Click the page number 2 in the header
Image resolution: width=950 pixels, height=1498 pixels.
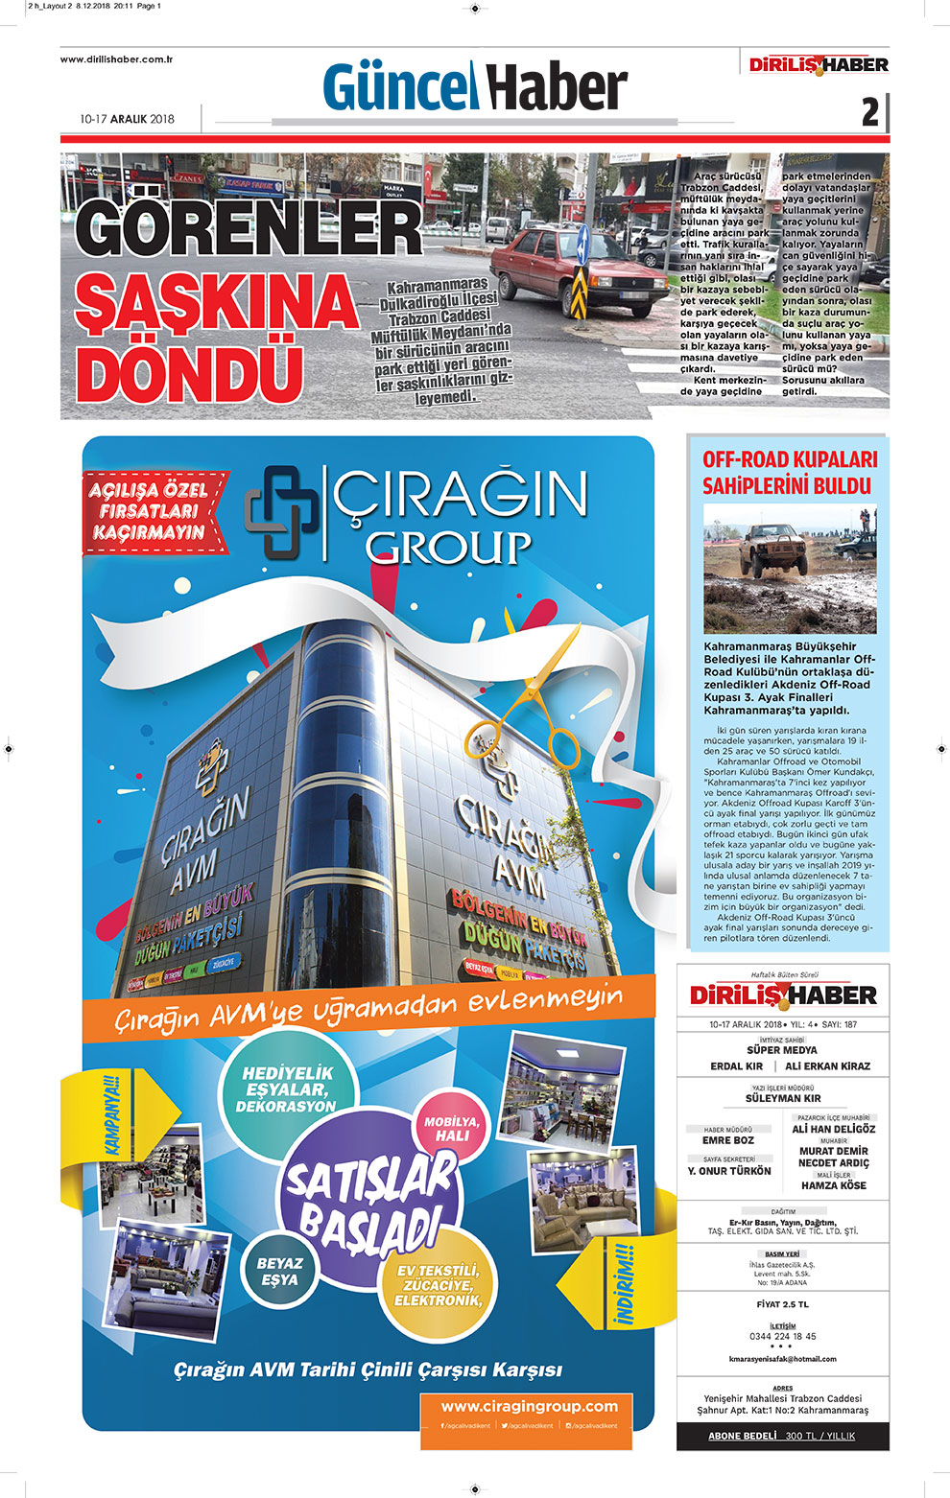(869, 113)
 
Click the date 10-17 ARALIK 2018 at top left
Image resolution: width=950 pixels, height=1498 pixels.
(128, 119)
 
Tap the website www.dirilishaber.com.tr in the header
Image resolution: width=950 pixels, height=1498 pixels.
(116, 59)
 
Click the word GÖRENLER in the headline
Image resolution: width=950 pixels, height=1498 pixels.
(248, 229)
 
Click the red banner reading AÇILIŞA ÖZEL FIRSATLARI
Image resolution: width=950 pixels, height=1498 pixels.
(152, 511)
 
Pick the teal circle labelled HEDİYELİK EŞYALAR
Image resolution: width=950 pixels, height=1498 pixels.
(287, 1089)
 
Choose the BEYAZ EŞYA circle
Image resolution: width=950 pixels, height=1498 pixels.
(279, 1272)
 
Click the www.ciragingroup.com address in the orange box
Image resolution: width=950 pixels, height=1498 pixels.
(529, 1406)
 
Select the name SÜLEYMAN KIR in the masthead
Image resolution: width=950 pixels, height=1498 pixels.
(783, 1098)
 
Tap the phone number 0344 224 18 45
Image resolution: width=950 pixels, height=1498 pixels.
(782, 1336)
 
